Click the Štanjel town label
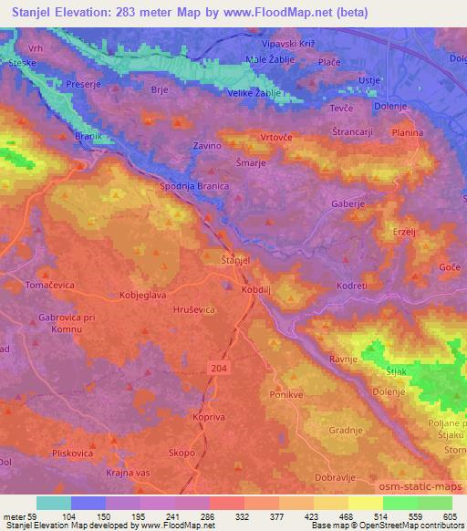tap(235, 261)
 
